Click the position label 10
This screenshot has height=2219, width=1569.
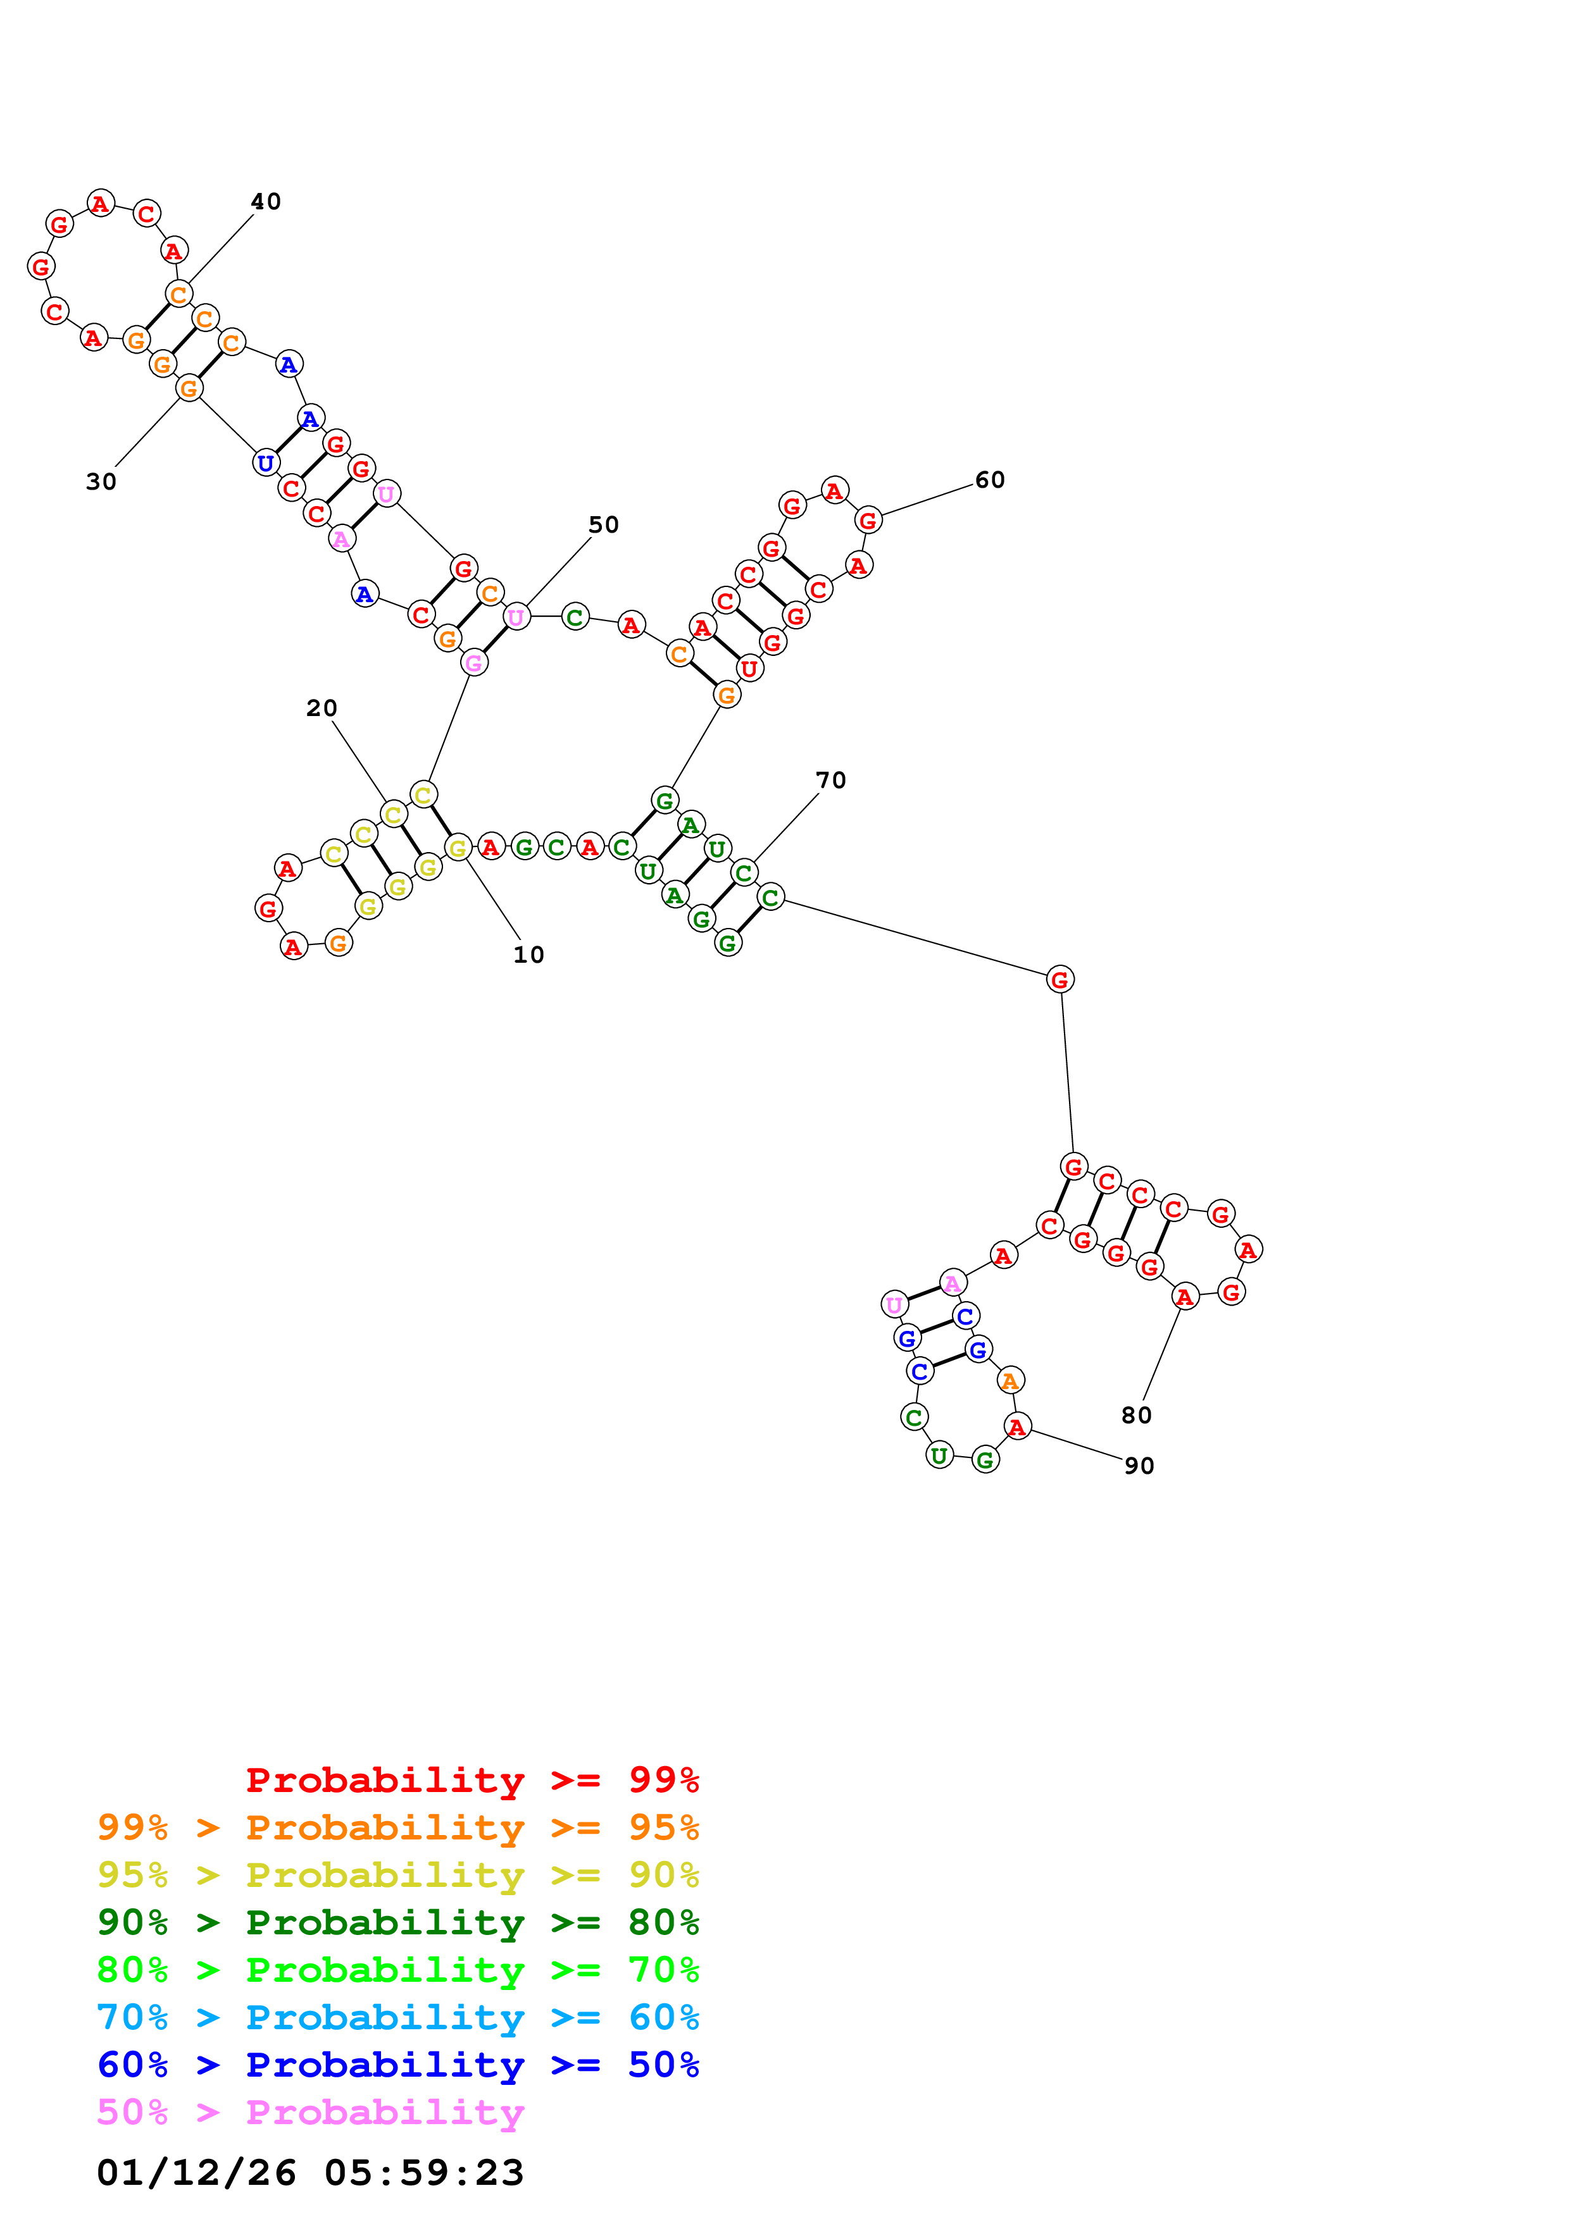(x=528, y=955)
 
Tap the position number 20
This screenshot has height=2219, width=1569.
(x=321, y=708)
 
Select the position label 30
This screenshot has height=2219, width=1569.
(x=101, y=481)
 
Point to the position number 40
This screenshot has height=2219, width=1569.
(x=265, y=201)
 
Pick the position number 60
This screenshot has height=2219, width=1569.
(x=989, y=479)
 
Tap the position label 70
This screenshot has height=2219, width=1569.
(x=830, y=780)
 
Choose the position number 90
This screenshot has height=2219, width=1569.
(x=1139, y=1466)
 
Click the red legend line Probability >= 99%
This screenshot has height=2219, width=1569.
(x=472, y=1780)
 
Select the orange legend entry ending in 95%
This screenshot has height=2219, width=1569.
(x=398, y=1827)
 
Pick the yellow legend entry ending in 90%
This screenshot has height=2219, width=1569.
(x=398, y=1875)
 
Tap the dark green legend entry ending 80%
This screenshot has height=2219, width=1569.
(x=398, y=1922)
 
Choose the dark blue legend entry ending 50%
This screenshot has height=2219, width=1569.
(x=398, y=2065)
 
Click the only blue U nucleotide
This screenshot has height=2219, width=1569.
(x=266, y=463)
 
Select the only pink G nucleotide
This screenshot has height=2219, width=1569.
(x=473, y=663)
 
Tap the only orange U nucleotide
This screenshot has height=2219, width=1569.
(x=749, y=668)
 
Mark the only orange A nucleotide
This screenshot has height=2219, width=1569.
(x=1010, y=1381)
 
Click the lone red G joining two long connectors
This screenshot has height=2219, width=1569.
(x=1060, y=980)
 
